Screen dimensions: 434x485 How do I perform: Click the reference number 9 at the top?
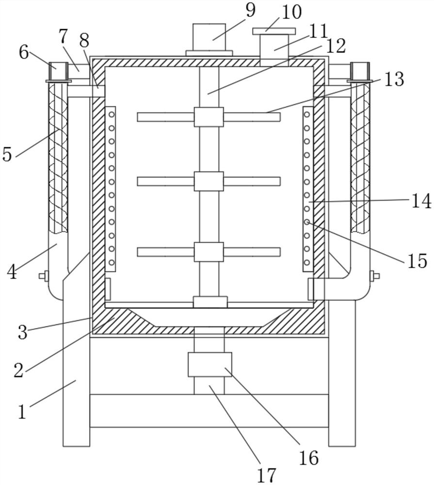250,10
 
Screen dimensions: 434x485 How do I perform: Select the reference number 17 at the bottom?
266,475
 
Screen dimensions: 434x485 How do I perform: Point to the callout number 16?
309,458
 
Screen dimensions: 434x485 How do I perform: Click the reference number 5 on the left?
7,154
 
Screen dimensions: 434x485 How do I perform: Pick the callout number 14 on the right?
421,201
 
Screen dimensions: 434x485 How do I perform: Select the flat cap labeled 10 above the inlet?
274,31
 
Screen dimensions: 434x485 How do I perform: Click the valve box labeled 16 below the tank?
210,364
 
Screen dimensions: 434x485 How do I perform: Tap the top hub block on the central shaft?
209,117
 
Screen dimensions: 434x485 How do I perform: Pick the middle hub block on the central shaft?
209,181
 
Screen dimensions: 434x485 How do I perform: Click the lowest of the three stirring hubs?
209,252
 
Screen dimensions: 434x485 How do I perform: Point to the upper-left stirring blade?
166,117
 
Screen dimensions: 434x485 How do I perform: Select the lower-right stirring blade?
252,252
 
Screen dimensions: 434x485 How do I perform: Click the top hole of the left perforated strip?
112,115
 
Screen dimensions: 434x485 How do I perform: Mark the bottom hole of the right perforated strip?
306,262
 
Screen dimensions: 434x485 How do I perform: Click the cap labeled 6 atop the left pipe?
58,72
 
